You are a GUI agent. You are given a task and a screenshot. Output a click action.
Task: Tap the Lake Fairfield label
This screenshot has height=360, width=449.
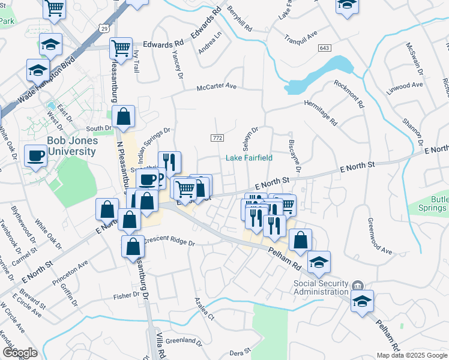[x=249, y=158]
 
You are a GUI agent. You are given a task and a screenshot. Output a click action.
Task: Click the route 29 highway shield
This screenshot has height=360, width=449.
[x=104, y=28]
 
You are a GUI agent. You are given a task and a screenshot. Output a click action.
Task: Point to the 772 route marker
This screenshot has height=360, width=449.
[x=217, y=138]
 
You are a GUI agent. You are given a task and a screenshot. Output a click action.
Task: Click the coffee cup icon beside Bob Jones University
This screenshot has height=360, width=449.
[x=35, y=156]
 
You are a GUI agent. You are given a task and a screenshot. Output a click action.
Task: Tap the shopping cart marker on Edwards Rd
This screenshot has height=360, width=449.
[x=121, y=49]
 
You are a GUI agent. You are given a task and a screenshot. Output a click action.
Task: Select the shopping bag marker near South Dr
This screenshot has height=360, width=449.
[x=123, y=117]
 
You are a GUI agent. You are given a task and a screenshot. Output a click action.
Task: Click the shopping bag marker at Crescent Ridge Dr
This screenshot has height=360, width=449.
[x=133, y=246]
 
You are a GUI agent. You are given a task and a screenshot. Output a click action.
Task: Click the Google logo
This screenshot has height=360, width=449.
[x=19, y=352]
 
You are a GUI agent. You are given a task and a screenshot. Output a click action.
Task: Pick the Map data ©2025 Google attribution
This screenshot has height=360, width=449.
[x=411, y=355]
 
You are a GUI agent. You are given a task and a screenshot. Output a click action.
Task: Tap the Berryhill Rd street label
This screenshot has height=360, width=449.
[x=240, y=19]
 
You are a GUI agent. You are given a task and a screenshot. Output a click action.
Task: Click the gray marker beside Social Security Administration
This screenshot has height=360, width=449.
[x=358, y=284]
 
